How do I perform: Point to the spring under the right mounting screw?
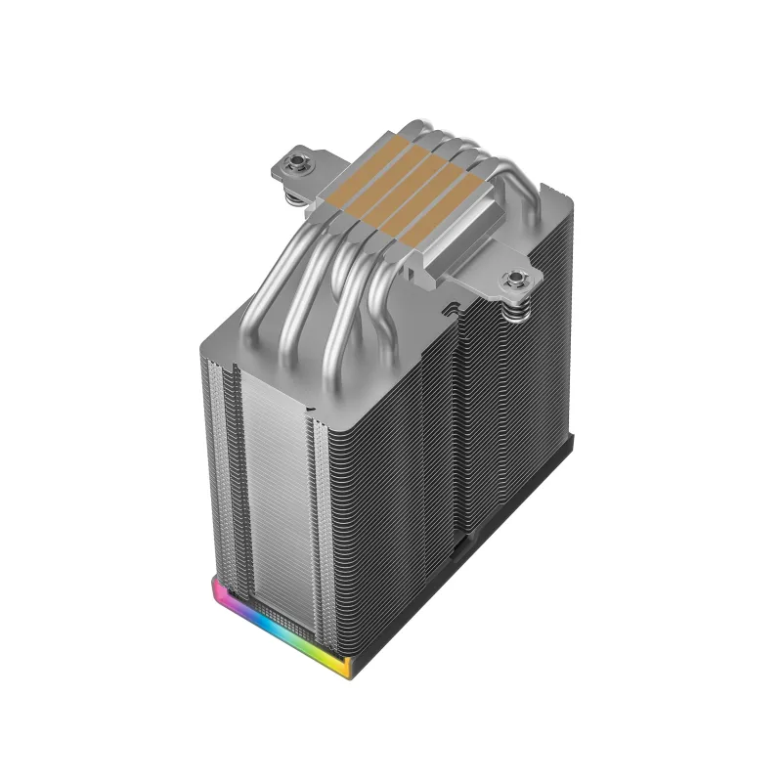coord(516,307)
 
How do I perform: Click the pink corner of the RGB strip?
coord(216,590)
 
